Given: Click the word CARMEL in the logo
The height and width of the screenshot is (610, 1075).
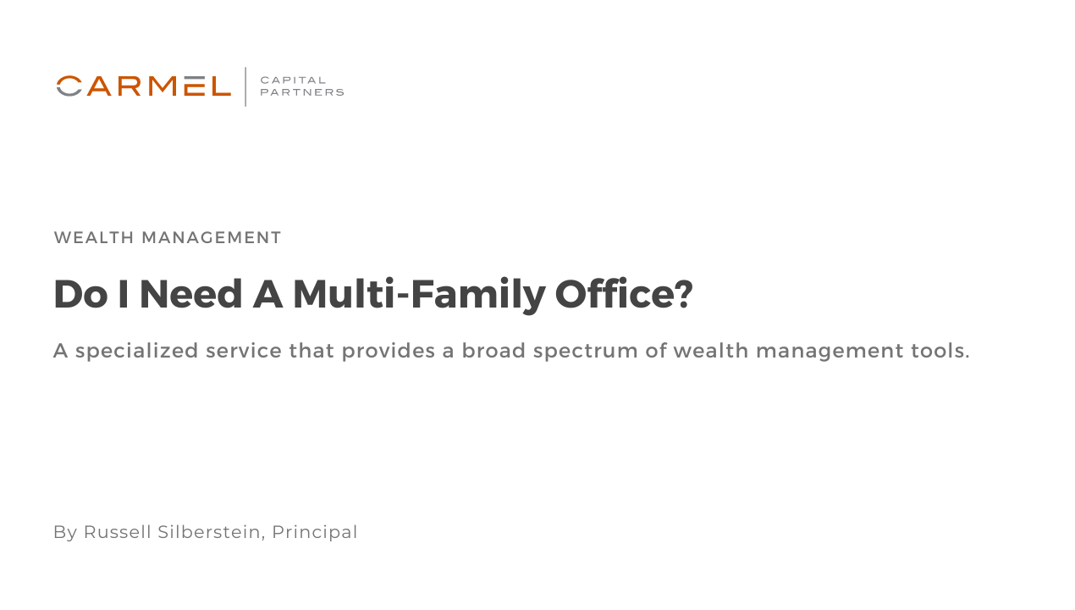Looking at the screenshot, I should (144, 86).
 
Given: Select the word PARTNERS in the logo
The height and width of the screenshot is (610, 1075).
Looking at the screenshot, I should (302, 92).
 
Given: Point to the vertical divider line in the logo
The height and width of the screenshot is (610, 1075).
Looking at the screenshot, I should (245, 86).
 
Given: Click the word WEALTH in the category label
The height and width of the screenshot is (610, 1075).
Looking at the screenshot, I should (94, 238).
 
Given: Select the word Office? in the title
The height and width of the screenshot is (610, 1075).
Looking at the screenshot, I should (624, 294).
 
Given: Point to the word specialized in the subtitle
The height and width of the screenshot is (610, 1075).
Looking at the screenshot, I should (149, 351).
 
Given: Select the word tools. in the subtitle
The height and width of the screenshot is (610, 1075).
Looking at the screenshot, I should (940, 351).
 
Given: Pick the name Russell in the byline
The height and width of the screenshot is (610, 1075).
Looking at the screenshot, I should (117, 532).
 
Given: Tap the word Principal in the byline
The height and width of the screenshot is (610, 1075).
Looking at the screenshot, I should (315, 532).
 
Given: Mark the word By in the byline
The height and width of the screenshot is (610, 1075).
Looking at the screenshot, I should (65, 532).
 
